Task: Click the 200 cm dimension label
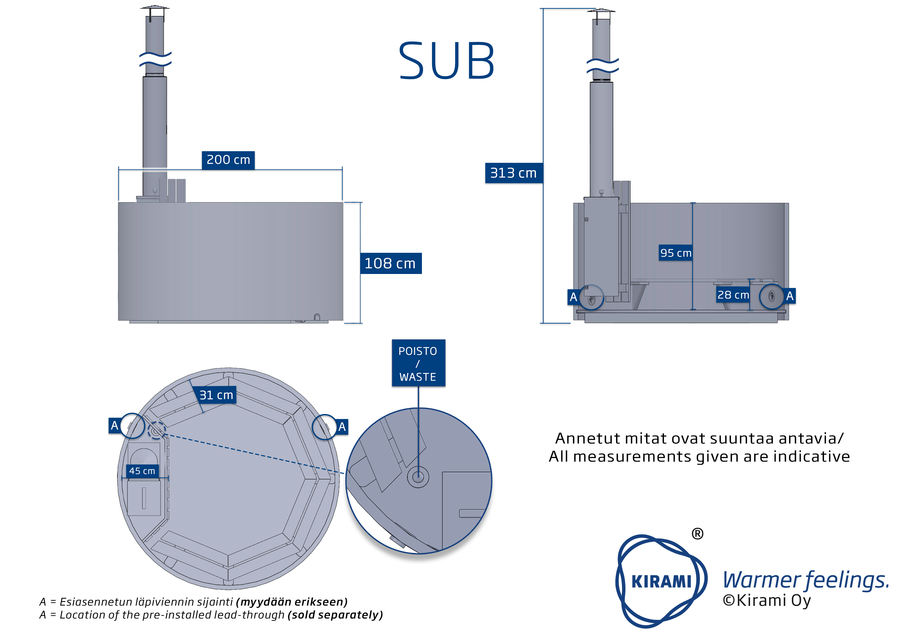[228, 160]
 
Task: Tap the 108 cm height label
[390, 263]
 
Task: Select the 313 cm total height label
[513, 173]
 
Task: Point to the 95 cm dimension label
[676, 253]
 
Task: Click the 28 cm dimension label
[733, 295]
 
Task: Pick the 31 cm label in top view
[216, 395]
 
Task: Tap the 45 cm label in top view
[142, 471]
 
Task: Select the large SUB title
[446, 61]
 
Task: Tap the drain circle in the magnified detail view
[418, 477]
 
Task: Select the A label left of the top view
[115, 425]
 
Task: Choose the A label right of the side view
[790, 296]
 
